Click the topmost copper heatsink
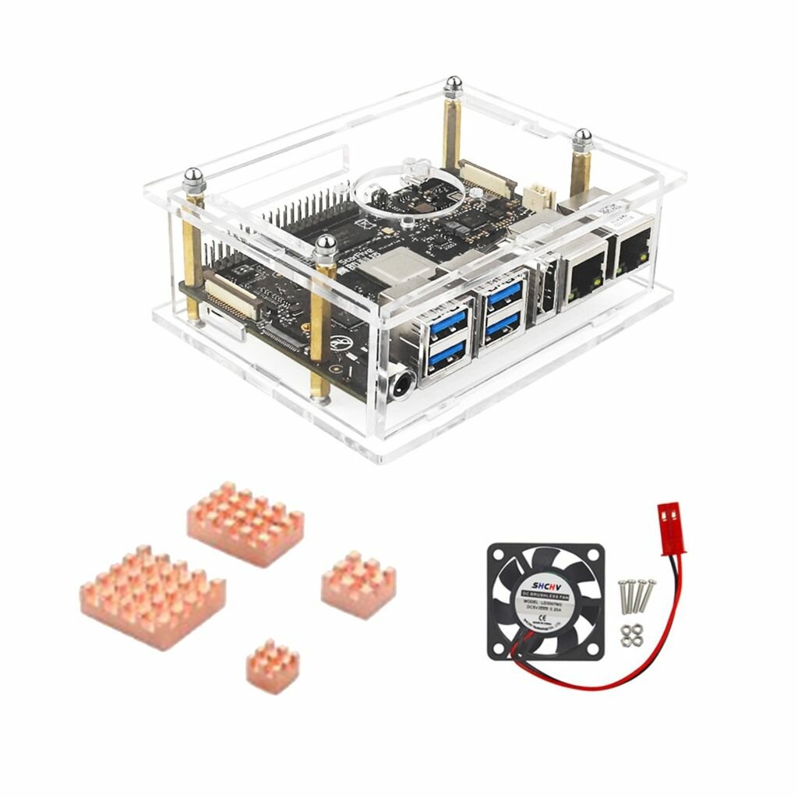tap(245, 522)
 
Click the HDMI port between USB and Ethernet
tap(542, 295)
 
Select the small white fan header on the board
tap(540, 195)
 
